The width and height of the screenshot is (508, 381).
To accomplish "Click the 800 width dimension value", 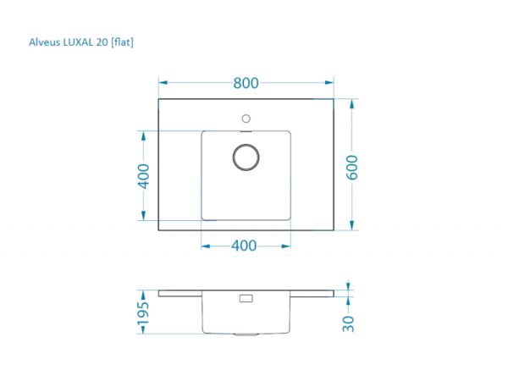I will pos(246,83).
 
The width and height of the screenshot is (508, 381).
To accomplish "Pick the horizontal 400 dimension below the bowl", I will pos(244,246).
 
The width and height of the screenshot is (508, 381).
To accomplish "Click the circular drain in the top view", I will pos(246,157).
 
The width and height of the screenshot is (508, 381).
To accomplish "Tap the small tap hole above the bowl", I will pos(246,117).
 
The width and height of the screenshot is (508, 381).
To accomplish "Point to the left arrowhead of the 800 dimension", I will pos(163,83).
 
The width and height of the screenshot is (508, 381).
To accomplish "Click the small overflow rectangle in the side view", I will pos(246,298).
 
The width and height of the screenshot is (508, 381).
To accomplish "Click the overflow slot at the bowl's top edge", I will pos(246,132).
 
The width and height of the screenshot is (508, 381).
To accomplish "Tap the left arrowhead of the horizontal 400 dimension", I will pos(205,246).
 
